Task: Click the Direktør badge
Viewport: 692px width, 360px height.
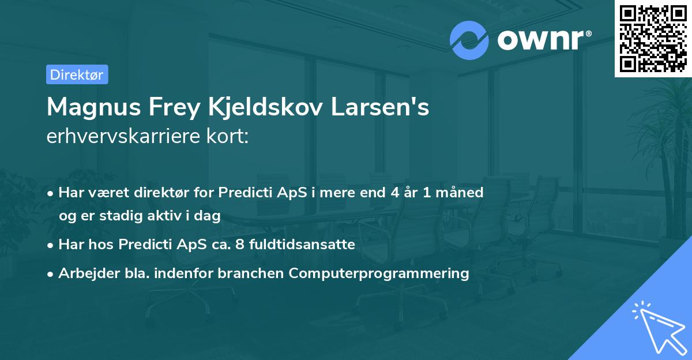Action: [77, 74]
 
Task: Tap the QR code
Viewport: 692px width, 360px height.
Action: [653, 39]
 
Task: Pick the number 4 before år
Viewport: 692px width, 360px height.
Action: [395, 192]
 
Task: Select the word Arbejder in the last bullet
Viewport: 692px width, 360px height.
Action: [84, 273]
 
